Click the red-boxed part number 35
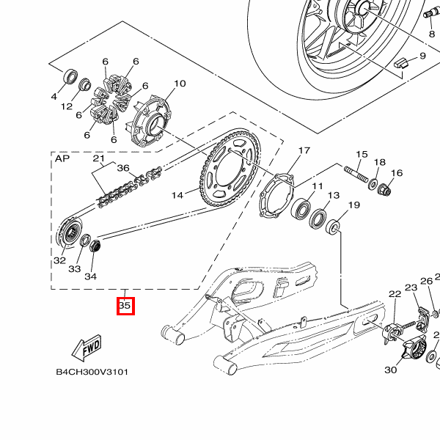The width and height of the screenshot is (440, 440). tap(125, 305)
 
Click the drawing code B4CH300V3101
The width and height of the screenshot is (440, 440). tap(92, 372)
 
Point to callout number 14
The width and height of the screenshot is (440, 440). tap(177, 195)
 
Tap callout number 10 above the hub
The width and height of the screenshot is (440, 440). tap(180, 84)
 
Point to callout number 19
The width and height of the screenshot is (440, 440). tap(353, 205)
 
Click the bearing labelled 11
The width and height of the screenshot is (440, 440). tap(301, 210)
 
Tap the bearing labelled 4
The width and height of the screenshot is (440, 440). tap(72, 76)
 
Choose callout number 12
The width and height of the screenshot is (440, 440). tap(67, 107)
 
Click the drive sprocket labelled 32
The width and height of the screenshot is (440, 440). tap(69, 235)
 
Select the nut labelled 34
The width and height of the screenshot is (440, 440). tap(94, 245)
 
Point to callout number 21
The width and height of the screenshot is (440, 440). tap(99, 159)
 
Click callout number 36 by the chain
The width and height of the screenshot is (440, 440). tap(123, 168)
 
